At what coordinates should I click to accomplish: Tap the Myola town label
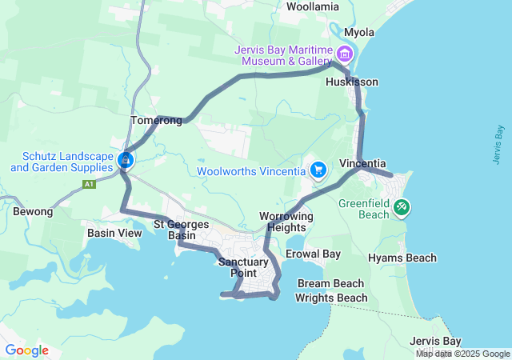pyautogui.click(x=358, y=32)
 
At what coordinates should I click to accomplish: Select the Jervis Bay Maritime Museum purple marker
pyautogui.click(x=346, y=54)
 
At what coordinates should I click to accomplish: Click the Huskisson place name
pyautogui.click(x=352, y=82)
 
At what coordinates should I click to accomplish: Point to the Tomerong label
pyautogui.click(x=156, y=121)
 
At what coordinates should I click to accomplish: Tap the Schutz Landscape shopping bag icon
pyautogui.click(x=126, y=160)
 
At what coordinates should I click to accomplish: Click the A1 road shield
pyautogui.click(x=89, y=184)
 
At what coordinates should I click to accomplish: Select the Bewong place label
pyautogui.click(x=33, y=212)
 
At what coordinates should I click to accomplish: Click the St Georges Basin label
pyautogui.click(x=182, y=230)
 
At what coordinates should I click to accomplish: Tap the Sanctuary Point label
pyautogui.click(x=238, y=268)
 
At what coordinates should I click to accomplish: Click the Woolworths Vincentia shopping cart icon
pyautogui.click(x=318, y=170)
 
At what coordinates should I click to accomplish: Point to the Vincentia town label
pyautogui.click(x=363, y=163)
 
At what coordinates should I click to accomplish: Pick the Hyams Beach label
pyautogui.click(x=402, y=258)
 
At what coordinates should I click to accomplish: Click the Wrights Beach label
pyautogui.click(x=331, y=298)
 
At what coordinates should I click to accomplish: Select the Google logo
pyautogui.click(x=26, y=350)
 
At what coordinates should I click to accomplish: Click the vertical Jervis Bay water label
pyautogui.click(x=498, y=145)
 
